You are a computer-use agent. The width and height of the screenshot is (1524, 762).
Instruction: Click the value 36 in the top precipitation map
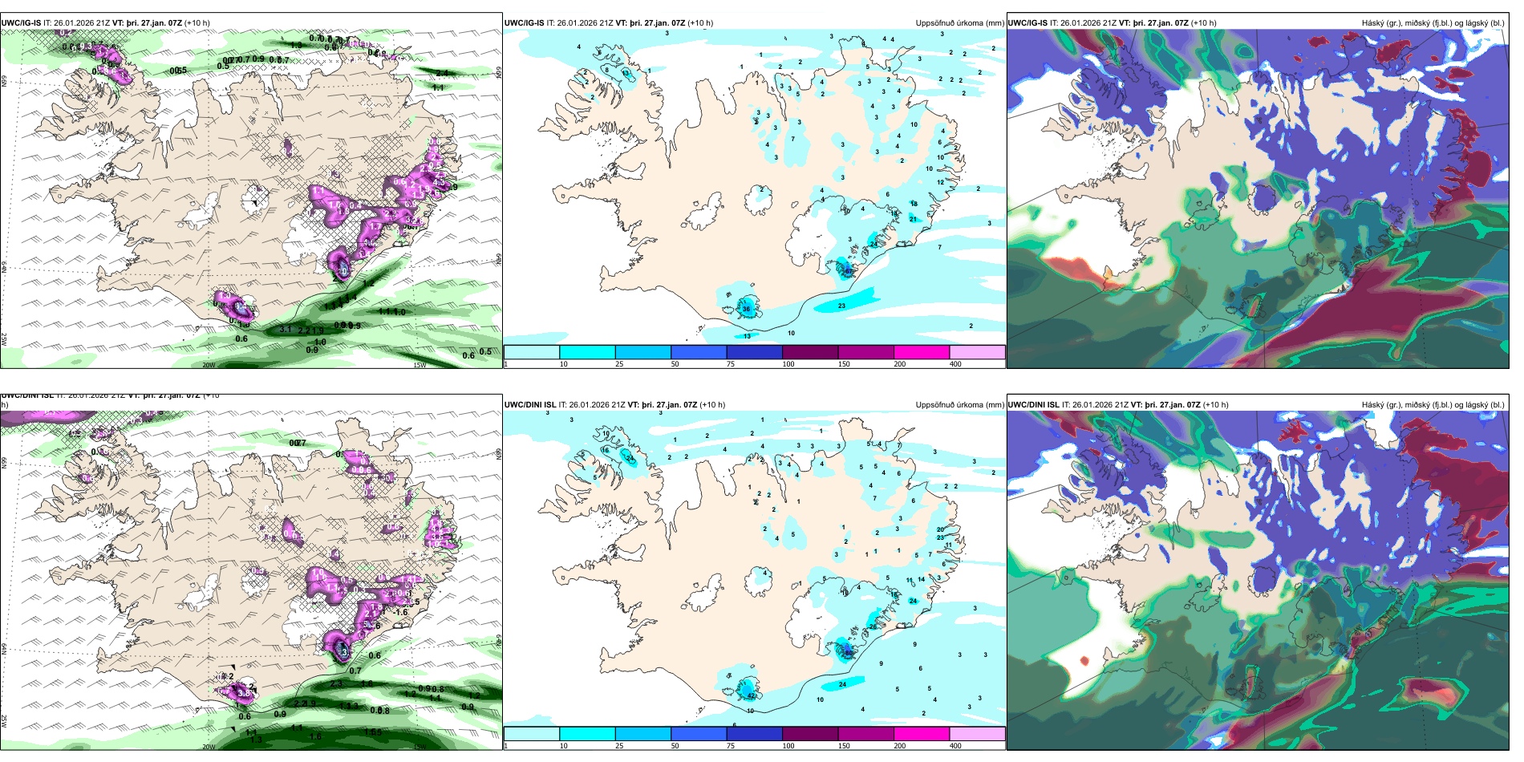click(747, 309)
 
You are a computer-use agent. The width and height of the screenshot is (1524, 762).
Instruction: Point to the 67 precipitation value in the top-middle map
click(848, 271)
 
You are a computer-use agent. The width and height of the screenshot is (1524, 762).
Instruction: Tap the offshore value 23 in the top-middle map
click(841, 306)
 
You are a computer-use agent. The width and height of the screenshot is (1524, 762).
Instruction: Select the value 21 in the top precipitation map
click(913, 219)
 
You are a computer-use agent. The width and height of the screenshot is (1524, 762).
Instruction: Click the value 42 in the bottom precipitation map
click(752, 695)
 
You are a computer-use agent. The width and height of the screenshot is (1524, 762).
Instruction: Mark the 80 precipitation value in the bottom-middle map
click(848, 653)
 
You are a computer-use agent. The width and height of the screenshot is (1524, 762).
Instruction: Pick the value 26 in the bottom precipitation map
click(873, 626)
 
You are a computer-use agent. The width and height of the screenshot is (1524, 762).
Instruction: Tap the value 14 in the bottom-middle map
click(922, 578)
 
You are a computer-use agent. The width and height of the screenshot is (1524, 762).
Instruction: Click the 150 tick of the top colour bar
click(843, 364)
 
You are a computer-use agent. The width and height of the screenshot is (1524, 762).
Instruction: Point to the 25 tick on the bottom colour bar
click(618, 746)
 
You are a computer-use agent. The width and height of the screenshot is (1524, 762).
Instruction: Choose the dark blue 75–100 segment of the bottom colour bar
click(754, 733)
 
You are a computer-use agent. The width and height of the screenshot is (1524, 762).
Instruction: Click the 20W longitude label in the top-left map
click(208, 365)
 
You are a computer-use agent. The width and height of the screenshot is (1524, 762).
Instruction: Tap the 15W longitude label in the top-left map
click(419, 365)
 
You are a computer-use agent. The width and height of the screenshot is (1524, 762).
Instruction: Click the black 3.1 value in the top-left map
click(286, 329)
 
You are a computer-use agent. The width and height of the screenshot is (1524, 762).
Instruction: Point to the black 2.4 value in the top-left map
click(442, 73)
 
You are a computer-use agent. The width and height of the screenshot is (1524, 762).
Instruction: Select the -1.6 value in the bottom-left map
click(400, 612)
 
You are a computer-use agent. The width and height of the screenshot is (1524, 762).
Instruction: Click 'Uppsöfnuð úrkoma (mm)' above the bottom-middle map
click(959, 405)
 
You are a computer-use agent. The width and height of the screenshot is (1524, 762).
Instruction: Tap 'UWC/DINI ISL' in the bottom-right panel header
click(1033, 405)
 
